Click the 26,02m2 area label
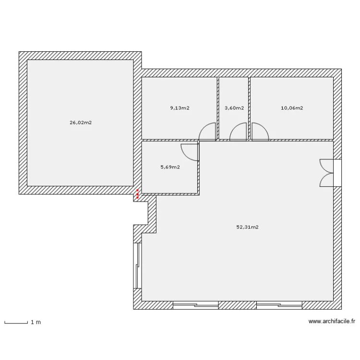tap(81, 122)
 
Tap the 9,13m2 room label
tap(180, 108)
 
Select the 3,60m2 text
tap(234, 108)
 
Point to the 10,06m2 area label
tap(292, 108)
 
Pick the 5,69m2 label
tap(170, 167)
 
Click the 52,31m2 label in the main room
tap(248, 228)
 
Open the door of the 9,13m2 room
tap(208, 132)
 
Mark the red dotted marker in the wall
tap(137, 194)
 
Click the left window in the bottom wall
tap(195, 305)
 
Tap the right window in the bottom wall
tap(279, 305)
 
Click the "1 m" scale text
tap(36, 323)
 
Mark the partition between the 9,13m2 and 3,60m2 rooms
tap(218, 108)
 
